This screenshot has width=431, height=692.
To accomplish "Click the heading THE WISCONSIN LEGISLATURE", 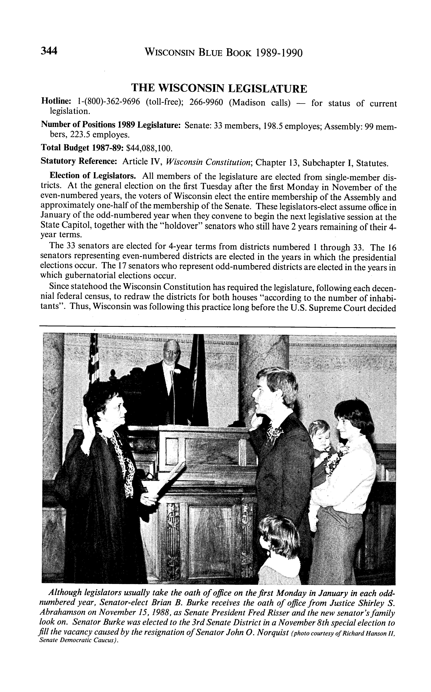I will coord(219,89).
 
